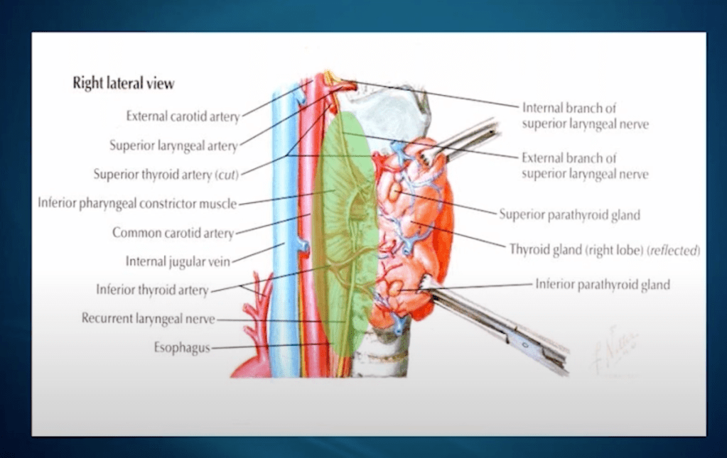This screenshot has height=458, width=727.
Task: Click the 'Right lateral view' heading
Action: pos(123,84)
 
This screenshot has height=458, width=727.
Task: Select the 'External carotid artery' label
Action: pos(183,116)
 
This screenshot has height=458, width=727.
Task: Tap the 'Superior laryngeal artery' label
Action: pos(173,146)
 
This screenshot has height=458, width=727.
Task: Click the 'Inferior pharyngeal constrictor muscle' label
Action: pos(137,204)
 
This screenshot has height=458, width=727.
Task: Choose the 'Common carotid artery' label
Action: pos(173,232)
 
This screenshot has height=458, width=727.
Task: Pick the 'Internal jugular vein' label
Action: pos(178,261)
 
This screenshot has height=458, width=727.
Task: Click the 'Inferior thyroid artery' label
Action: pos(152,290)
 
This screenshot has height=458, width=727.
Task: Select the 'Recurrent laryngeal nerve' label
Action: pos(148,319)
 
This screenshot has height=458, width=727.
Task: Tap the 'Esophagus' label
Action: pos(182,348)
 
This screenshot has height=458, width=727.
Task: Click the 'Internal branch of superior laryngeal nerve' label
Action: pos(585,116)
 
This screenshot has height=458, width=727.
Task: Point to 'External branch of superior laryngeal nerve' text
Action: pos(585,165)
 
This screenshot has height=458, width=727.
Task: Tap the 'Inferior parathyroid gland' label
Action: pos(602,285)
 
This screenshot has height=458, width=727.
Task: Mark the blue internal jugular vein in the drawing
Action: pos(285,213)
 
